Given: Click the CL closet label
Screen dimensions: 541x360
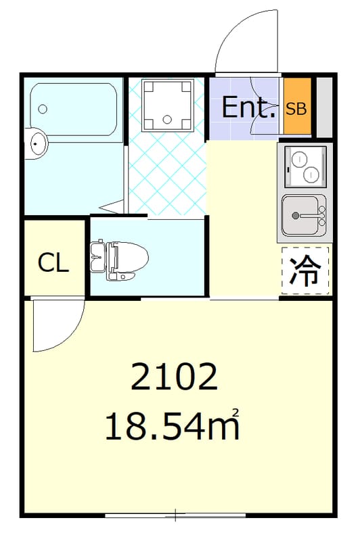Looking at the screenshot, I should pyautogui.click(x=53, y=262).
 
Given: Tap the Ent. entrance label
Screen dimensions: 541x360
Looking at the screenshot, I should pyautogui.click(x=249, y=108).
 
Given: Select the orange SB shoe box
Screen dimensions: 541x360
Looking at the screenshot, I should pyautogui.click(x=296, y=108).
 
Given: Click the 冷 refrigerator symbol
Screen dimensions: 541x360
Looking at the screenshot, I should pyautogui.click(x=305, y=270).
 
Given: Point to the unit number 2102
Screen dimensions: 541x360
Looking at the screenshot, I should pyautogui.click(x=175, y=377).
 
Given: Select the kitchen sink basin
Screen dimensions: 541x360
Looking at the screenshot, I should pyautogui.click(x=302, y=215).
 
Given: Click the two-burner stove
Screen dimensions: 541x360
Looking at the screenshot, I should pyautogui.click(x=305, y=166).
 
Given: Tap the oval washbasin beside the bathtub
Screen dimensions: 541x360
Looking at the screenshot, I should pyautogui.click(x=39, y=143).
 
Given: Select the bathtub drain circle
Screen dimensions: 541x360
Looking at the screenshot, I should pyautogui.click(x=43, y=109).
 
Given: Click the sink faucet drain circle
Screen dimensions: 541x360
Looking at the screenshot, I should pyautogui.click(x=295, y=216).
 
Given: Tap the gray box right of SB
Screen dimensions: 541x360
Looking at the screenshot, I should pyautogui.click(x=324, y=108).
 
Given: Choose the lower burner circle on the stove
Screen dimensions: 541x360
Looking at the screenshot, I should pyautogui.click(x=310, y=174).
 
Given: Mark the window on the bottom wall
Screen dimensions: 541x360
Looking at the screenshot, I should pyautogui.click(x=175, y=516).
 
